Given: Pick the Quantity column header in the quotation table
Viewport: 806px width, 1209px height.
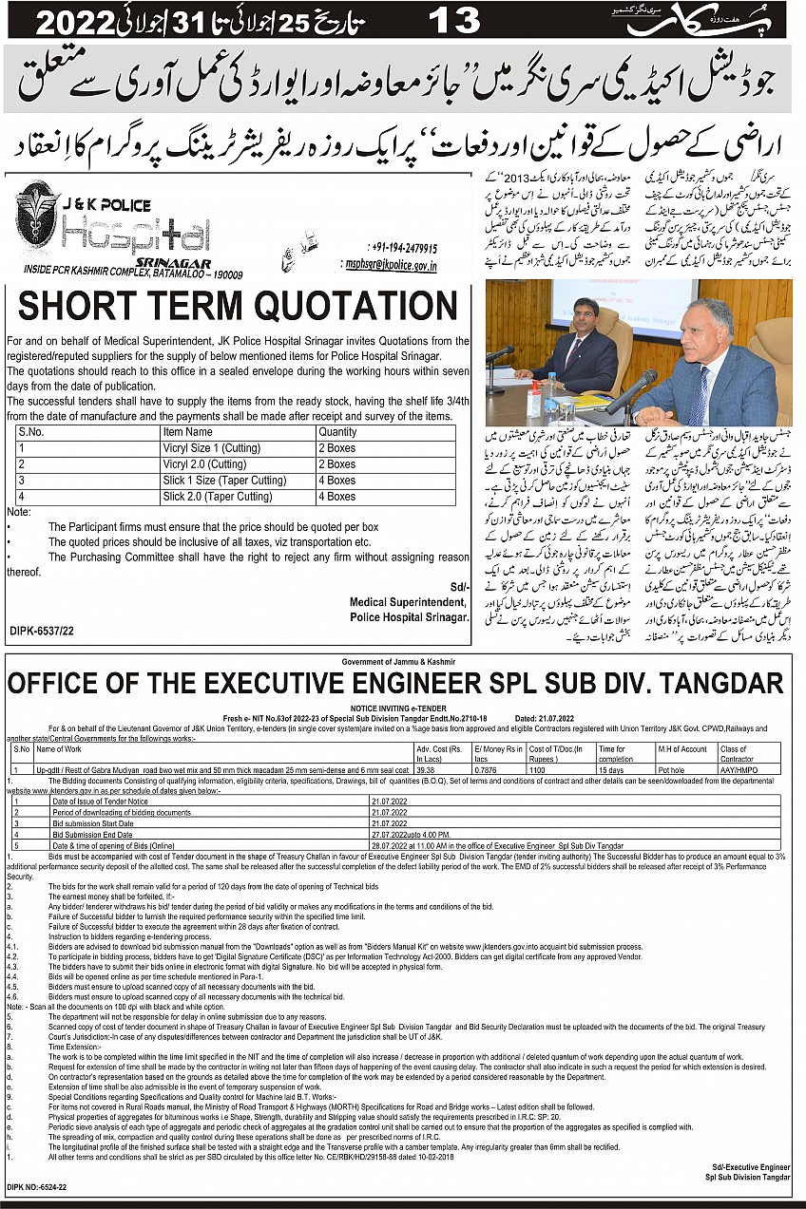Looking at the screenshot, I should [x=338, y=431].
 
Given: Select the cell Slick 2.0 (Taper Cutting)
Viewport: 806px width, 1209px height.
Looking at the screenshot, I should [x=217, y=496].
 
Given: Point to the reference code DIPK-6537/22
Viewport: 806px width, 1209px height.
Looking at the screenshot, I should [x=42, y=630].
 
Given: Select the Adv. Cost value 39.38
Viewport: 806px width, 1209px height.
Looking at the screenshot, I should [x=426, y=770].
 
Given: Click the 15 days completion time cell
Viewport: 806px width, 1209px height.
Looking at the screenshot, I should [x=609, y=770].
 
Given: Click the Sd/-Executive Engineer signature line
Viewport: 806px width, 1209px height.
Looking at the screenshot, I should [x=751, y=1165].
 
